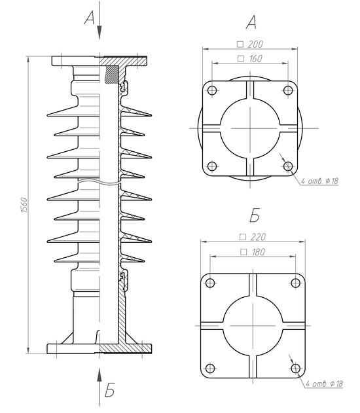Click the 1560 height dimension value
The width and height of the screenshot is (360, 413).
click(24, 205)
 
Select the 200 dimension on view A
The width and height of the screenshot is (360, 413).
click(251, 45)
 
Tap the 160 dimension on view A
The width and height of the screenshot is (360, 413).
click(250, 58)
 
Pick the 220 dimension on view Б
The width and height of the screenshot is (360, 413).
click(253, 237)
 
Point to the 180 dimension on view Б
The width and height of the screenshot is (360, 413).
click(253, 252)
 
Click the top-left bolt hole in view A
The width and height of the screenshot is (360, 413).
click(212, 90)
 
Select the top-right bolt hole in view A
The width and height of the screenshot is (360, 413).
click(288, 90)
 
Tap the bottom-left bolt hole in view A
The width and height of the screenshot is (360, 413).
click(212, 166)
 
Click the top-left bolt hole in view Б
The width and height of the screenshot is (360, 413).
click(210, 283)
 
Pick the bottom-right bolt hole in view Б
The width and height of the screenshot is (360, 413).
click(295, 368)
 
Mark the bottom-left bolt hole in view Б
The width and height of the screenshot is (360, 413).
click(210, 368)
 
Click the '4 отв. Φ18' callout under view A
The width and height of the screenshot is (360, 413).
click(319, 181)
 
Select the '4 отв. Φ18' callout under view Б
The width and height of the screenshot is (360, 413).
click(324, 384)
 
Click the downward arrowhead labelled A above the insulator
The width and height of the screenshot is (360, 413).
click(99, 33)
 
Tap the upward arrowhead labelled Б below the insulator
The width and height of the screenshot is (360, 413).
click(99, 375)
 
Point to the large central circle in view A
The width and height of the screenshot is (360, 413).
click(250, 98)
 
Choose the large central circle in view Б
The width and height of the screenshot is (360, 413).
click(253, 296)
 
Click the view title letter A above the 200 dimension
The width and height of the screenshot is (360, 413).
click(251, 22)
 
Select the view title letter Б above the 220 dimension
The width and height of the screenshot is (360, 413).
click(255, 215)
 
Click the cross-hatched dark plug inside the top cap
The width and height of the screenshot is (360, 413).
click(111, 75)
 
